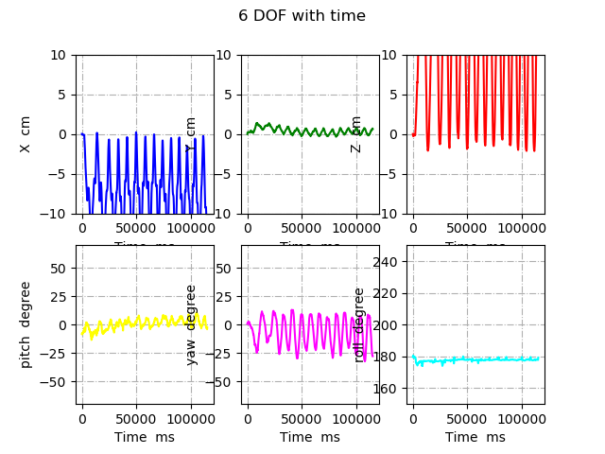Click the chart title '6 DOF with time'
pyautogui.click(x=302, y=16)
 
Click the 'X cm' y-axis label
pyautogui.click(x=26, y=134)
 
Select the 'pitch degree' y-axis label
pyautogui.click(x=26, y=324)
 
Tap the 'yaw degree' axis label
pyautogui.click(x=191, y=324)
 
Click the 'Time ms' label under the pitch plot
pyautogui.click(x=145, y=437)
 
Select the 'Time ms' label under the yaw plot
pyautogui.click(x=310, y=437)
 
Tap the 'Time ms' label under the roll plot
pyautogui.click(x=475, y=437)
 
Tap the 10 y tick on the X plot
pyautogui.click(x=59, y=55)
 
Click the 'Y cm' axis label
pyautogui.click(x=191, y=134)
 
